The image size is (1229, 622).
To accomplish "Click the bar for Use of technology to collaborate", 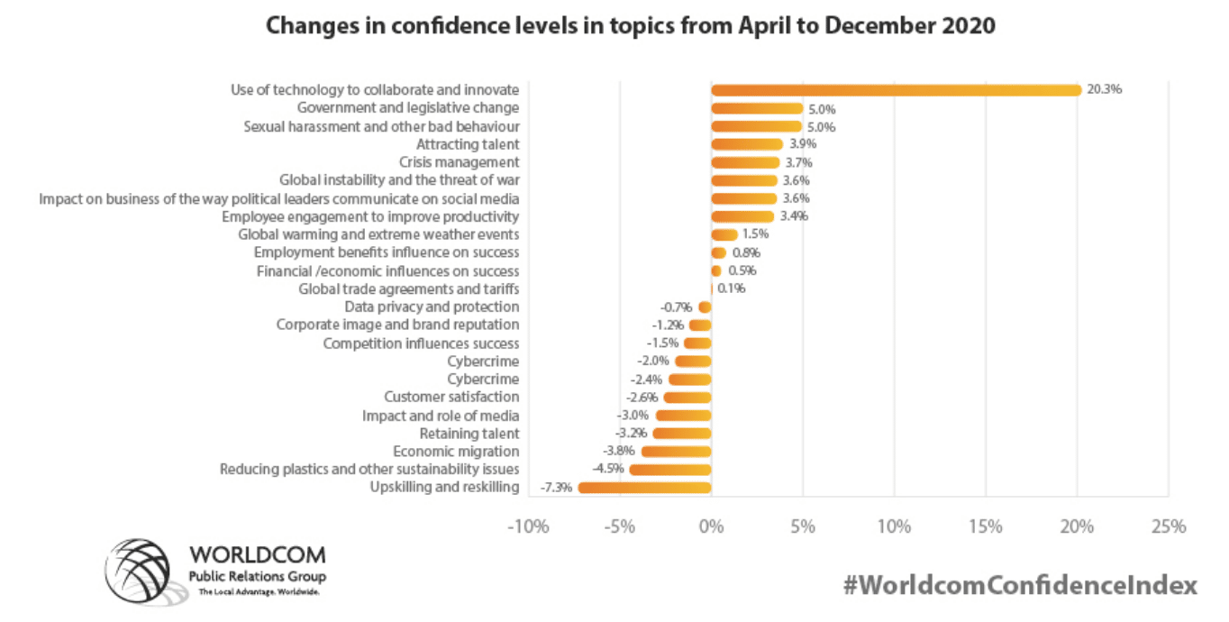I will point(896,90).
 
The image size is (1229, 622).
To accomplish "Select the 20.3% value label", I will point(1105,90).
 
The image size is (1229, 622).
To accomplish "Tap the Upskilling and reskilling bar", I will point(645,488).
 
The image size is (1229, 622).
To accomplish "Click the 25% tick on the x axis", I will point(1168,526).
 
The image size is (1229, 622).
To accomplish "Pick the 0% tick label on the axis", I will point(711,526).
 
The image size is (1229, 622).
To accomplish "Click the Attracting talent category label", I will point(468,144).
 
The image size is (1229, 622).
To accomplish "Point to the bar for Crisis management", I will point(745,162).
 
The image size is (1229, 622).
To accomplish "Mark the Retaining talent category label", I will point(469,434).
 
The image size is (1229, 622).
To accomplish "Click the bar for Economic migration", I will point(677,452).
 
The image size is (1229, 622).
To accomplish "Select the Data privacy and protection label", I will point(432,306).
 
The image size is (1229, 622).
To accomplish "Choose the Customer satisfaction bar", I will point(687,398).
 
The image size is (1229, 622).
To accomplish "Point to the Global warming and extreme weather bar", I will point(724,234).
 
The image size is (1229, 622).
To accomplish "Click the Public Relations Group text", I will point(257,577).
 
